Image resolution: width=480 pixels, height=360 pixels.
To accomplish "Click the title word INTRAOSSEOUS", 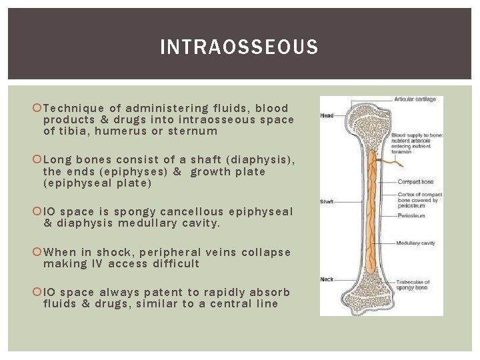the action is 239,47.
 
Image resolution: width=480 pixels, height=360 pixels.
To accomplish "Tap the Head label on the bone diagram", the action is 327,115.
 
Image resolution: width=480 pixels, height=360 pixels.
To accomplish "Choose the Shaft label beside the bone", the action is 327,201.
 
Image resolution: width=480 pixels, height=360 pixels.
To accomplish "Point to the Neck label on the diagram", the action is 327,279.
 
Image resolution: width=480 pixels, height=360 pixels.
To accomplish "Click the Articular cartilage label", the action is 415,99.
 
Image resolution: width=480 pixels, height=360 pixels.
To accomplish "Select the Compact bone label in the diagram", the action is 416,181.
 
